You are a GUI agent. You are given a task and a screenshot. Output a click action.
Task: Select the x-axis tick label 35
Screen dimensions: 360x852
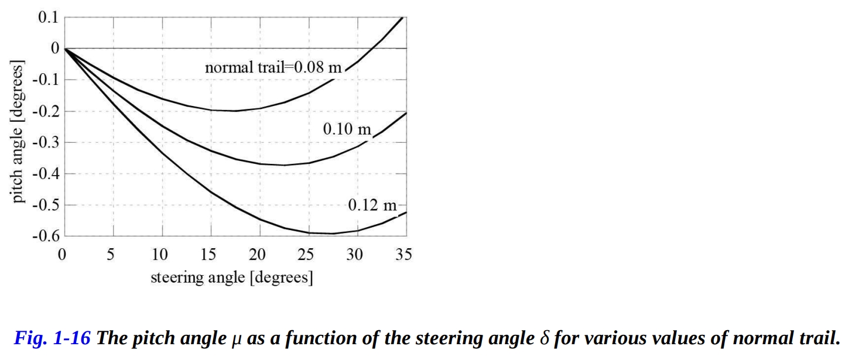pos(403,255)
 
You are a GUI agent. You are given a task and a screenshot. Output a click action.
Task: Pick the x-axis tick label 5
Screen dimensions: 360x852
pos(111,255)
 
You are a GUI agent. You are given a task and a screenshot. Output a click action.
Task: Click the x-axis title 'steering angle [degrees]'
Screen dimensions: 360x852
pos(232,276)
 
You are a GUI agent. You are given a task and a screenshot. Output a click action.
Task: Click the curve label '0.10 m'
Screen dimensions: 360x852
pos(347,129)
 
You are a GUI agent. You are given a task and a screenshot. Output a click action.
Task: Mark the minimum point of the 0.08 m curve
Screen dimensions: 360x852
pos(235,111)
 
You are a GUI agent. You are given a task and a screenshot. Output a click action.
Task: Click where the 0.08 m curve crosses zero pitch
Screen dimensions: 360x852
pos(375,49)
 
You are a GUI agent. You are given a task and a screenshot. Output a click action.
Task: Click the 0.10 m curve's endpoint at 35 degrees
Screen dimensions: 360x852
pos(406,112)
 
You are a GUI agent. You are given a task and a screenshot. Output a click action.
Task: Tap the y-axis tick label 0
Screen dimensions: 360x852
pos(56,49)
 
